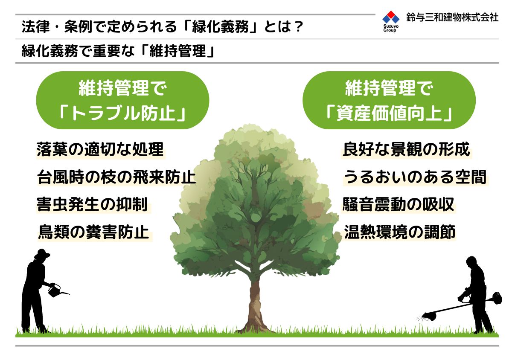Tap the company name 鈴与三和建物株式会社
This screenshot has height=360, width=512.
tap(452, 17)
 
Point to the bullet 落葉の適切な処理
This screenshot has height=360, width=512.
tap(100, 149)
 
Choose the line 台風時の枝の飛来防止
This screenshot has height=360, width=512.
tap(116, 177)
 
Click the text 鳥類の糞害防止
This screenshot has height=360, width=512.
tap(94, 232)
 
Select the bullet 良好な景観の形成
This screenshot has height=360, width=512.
tap(406, 149)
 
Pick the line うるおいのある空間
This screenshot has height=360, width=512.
tap(415, 177)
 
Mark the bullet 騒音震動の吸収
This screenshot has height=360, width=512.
tap(398, 204)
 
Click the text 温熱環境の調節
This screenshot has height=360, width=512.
tap(399, 232)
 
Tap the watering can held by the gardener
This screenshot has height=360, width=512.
tap(56, 290)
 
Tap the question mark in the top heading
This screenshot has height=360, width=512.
tap(298, 26)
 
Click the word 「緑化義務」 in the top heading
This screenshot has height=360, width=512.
tap(220, 26)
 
